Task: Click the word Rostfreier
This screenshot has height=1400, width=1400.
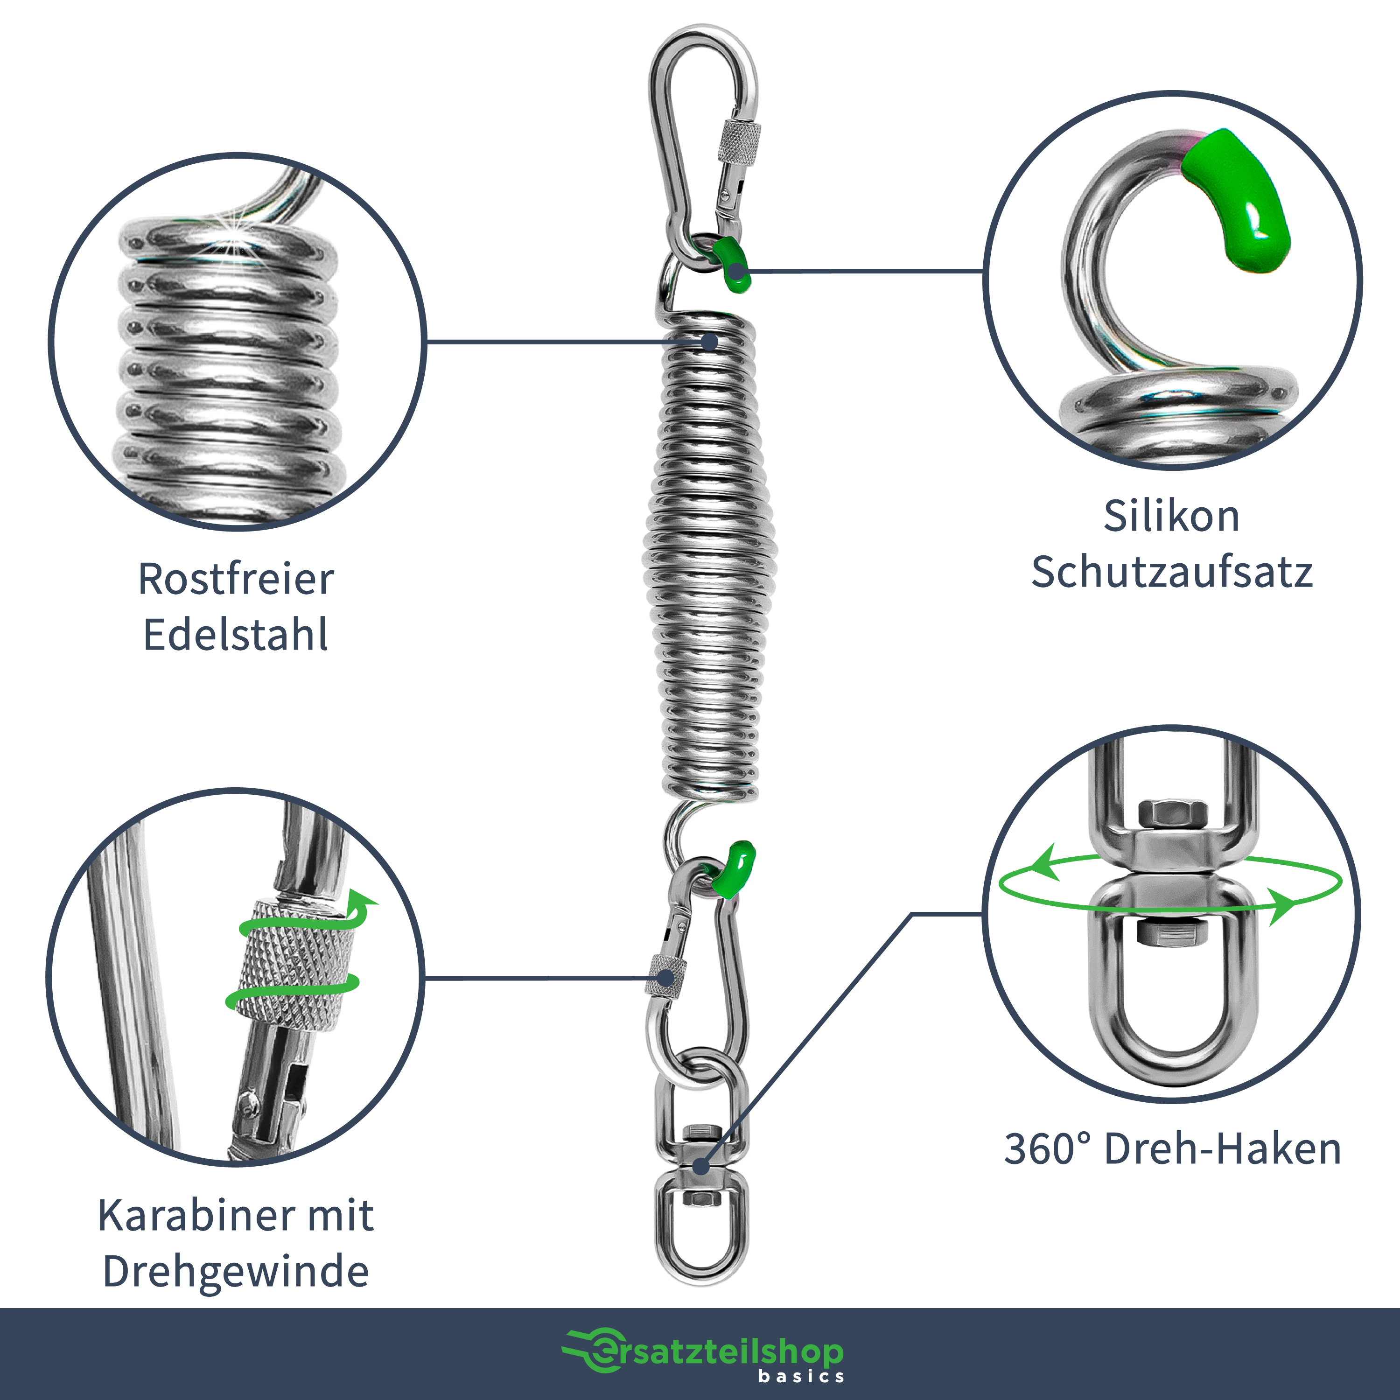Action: point(236,579)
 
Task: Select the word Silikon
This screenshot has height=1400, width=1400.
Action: point(1172,517)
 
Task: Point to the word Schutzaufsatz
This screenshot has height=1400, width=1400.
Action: point(1172,573)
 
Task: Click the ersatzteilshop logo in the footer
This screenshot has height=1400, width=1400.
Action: point(703,1352)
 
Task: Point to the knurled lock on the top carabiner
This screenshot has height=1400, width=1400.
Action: point(740,141)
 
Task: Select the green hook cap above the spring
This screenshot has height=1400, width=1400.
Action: point(731,265)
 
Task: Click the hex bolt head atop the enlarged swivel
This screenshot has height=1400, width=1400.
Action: point(1172,814)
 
